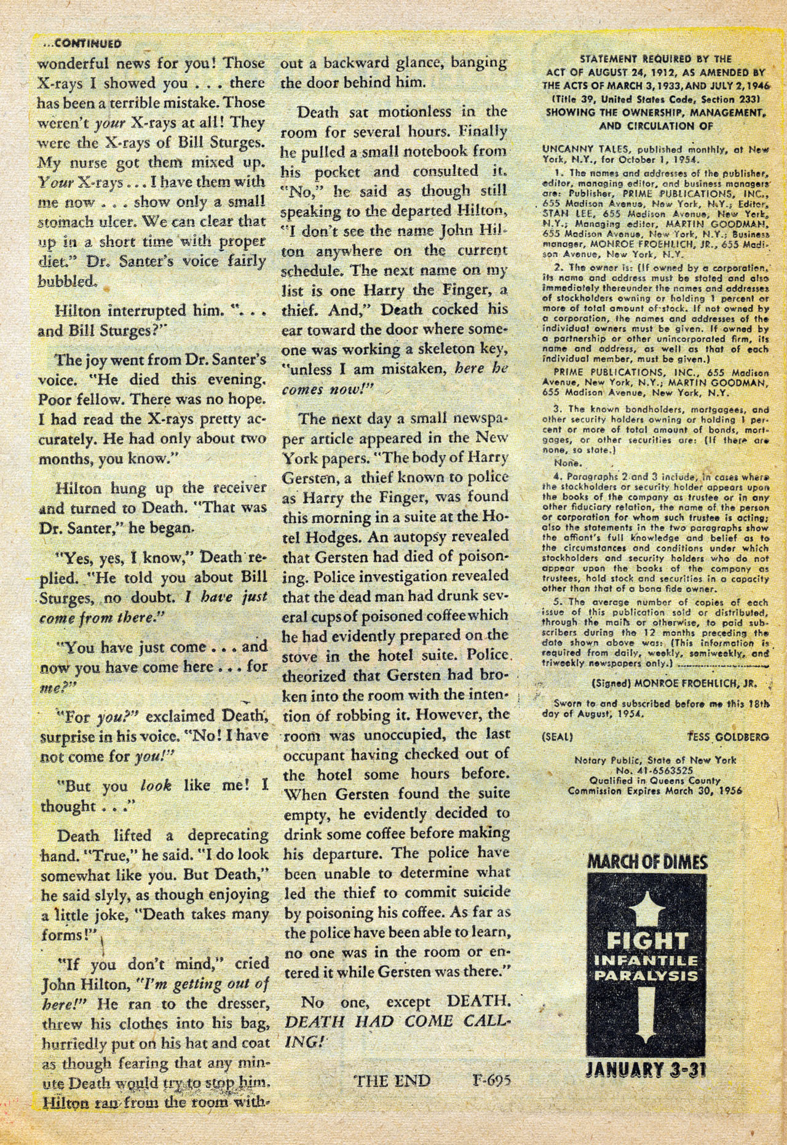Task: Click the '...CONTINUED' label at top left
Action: (x=79, y=44)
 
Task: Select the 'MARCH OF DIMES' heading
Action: (x=647, y=862)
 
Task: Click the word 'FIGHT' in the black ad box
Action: (x=647, y=941)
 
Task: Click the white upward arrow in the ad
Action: (x=647, y=906)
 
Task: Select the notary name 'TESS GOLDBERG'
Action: (x=724, y=737)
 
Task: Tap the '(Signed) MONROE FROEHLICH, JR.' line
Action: (x=674, y=683)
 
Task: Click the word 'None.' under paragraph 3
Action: (x=568, y=462)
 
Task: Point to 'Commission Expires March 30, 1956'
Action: (x=655, y=791)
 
